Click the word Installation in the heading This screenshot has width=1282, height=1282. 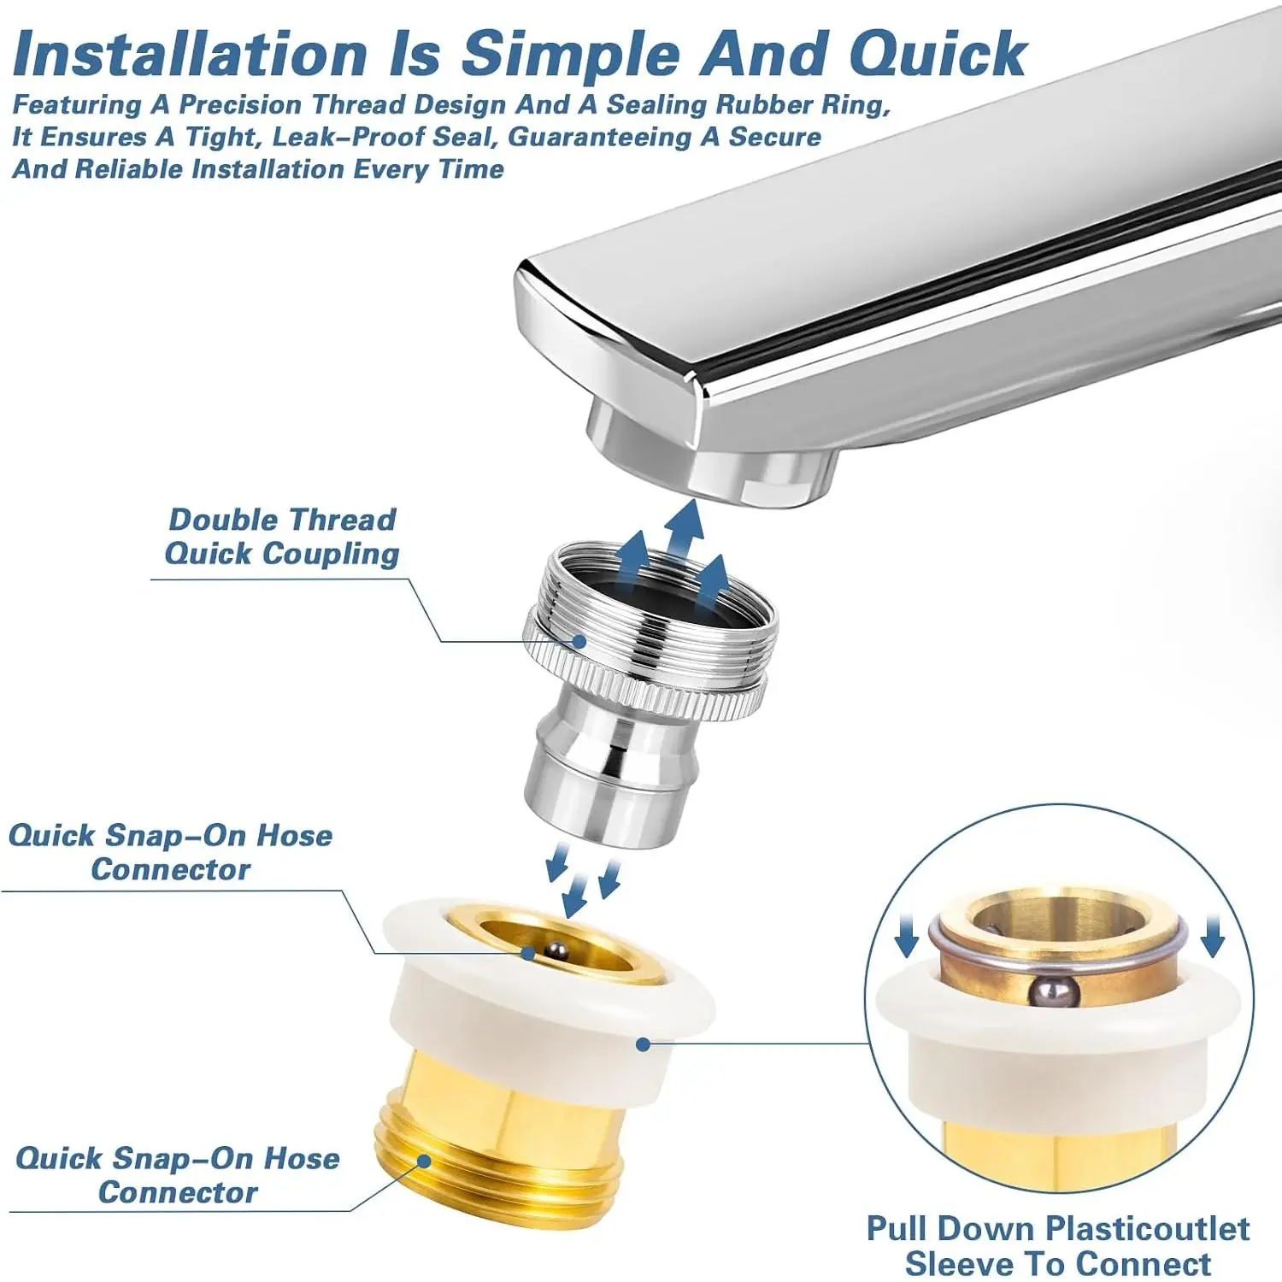click(191, 55)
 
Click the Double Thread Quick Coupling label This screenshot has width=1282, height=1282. click(282, 536)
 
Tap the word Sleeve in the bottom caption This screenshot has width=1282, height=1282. click(956, 1263)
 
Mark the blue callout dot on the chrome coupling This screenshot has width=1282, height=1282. click(579, 641)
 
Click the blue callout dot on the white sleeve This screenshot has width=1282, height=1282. click(644, 1044)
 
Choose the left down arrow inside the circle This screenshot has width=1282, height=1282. click(907, 938)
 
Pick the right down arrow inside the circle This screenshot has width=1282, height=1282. click(1212, 938)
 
